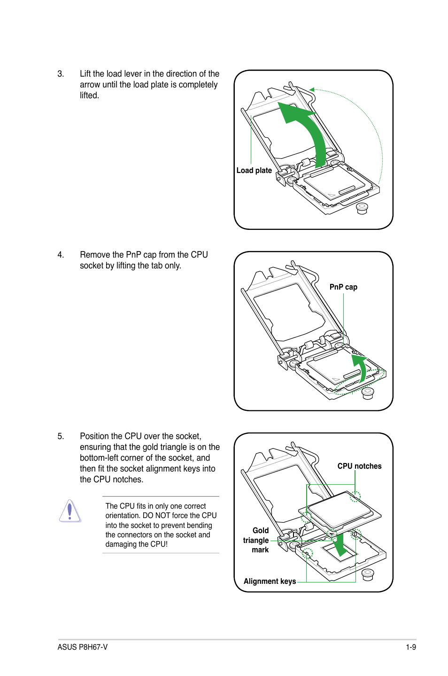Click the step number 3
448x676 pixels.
60,74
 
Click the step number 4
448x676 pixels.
60,255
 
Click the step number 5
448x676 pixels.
60,436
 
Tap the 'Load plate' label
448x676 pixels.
254,171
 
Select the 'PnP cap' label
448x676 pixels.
343,287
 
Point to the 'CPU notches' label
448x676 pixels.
359,466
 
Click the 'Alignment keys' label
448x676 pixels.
270,582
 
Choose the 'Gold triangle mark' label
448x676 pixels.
256,540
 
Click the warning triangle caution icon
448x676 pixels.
70,511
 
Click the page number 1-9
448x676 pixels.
411,647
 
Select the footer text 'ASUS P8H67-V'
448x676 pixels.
83,647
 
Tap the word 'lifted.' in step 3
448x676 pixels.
89,95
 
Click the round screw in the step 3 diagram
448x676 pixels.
362,208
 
